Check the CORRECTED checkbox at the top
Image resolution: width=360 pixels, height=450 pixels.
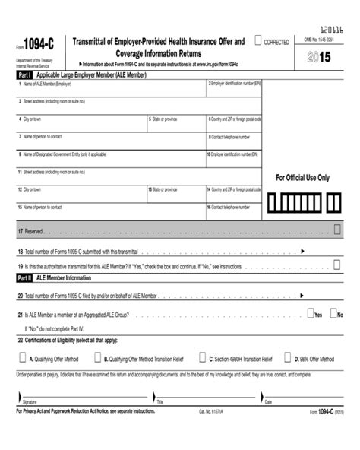259,40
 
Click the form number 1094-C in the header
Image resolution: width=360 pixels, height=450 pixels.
37,46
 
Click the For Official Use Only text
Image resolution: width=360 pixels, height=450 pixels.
303,178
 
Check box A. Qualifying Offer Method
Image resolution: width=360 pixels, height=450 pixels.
23,358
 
